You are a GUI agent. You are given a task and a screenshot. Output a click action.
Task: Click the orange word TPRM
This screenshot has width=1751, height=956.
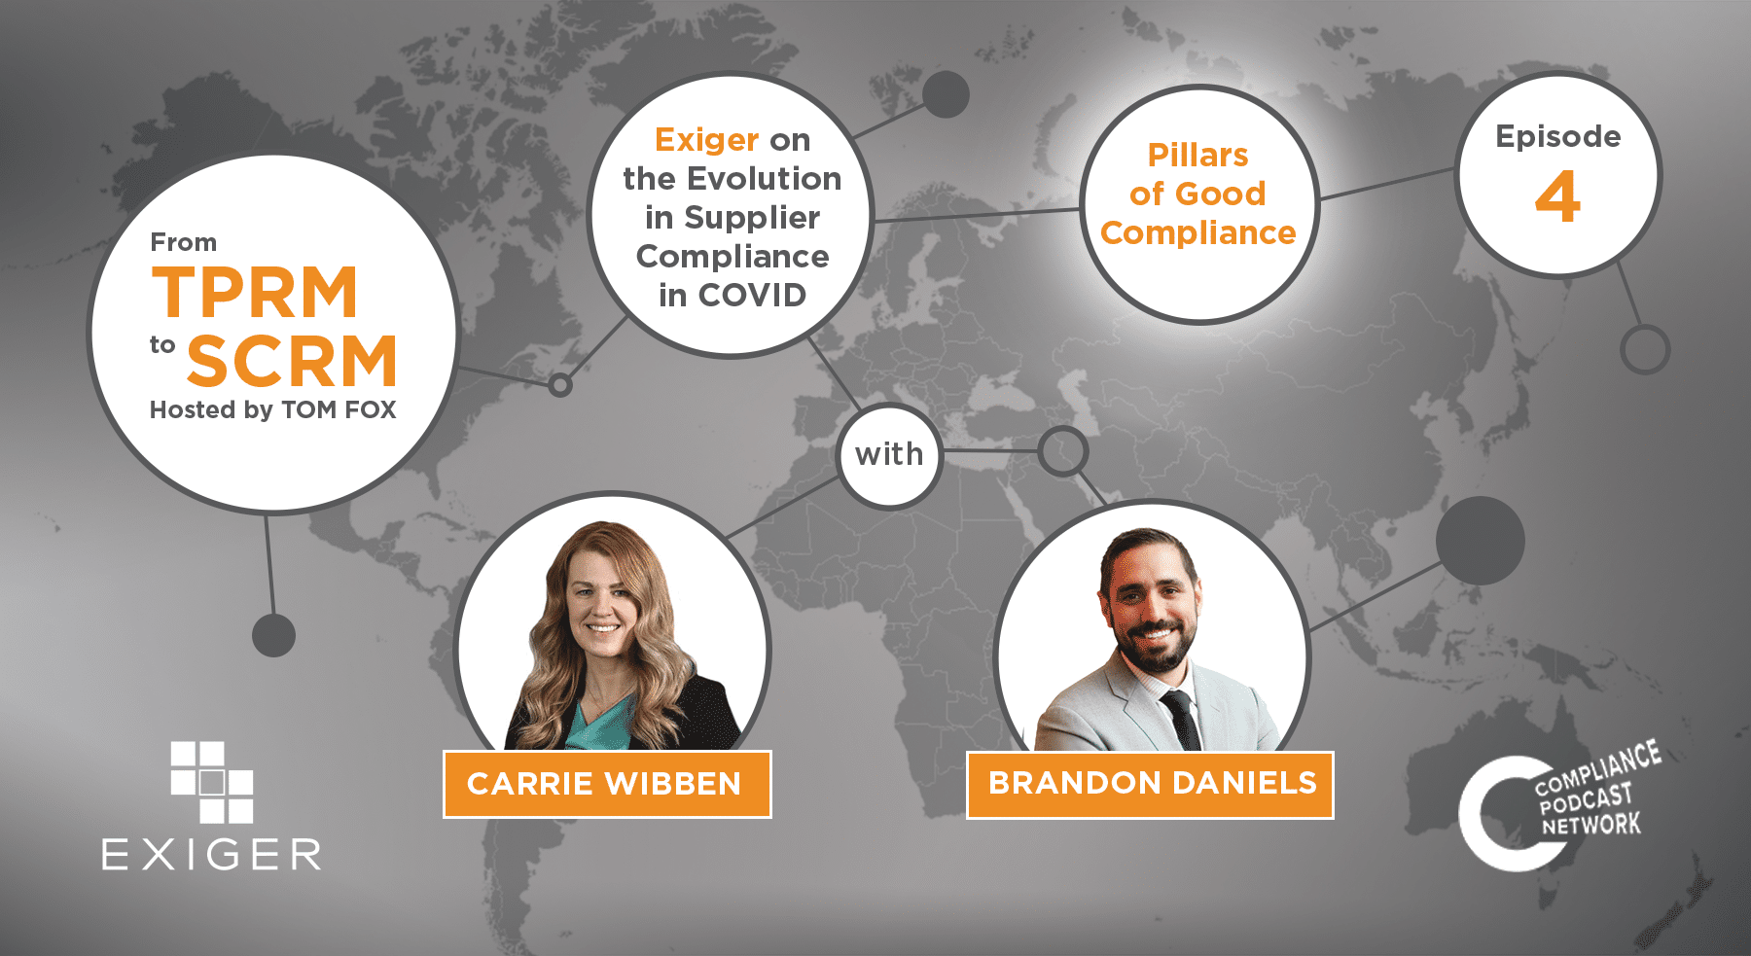click(256, 292)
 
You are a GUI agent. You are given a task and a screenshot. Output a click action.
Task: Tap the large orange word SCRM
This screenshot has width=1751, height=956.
click(292, 361)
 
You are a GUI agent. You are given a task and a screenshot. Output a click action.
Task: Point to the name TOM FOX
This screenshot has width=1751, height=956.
click(339, 409)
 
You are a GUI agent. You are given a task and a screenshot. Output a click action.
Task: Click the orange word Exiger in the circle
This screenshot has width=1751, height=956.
click(706, 141)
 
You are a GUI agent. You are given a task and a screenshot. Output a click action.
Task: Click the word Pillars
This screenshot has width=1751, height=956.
click(1197, 155)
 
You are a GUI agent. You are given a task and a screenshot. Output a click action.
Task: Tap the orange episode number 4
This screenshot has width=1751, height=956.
click(1557, 197)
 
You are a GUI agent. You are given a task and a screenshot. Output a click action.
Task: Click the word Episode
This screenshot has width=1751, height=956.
click(1558, 137)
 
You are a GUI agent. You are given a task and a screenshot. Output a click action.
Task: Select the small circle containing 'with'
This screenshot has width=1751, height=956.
click(889, 454)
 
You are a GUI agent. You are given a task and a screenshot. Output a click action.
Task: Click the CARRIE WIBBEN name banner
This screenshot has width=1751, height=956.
click(607, 784)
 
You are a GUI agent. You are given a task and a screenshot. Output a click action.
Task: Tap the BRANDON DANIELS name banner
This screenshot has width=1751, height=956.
click(1150, 784)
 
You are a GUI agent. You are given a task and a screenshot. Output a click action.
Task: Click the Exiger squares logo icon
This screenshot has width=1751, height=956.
click(212, 783)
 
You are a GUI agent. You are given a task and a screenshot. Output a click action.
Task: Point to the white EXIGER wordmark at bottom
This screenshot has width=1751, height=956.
click(211, 854)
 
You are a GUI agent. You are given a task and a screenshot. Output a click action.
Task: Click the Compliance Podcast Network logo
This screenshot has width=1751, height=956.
click(1559, 805)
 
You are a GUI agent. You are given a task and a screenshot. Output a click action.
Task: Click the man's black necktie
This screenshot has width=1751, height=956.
click(1180, 721)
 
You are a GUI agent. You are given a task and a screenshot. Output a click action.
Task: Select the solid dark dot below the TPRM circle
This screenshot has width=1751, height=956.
click(273, 635)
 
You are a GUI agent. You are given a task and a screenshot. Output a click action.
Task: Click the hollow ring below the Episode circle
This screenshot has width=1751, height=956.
click(1645, 349)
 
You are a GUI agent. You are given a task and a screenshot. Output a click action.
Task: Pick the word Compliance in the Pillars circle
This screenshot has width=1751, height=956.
click(1197, 233)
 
